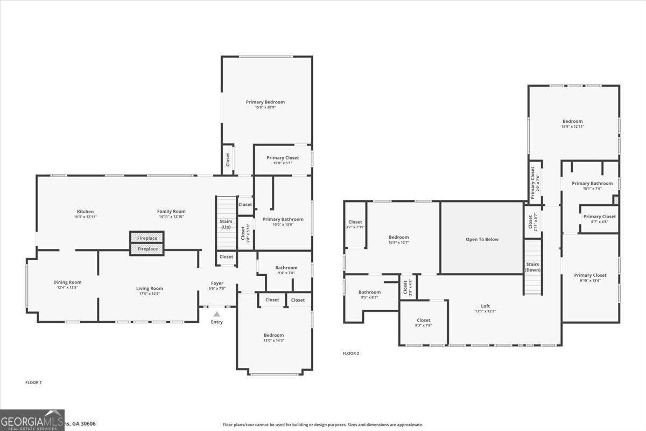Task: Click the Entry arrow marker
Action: click(x=216, y=314)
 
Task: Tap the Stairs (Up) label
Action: click(x=226, y=224)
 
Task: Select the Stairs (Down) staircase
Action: click(x=532, y=267)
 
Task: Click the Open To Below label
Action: click(x=482, y=239)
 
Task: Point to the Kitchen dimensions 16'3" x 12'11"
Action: click(x=85, y=217)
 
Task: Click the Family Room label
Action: click(x=171, y=212)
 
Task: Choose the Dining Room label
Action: click(x=67, y=282)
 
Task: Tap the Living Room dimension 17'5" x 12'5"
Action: click(x=149, y=294)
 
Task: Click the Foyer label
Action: click(x=217, y=283)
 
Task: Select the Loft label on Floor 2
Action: click(x=485, y=306)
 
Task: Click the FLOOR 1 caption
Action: click(x=33, y=383)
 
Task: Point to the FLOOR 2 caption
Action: click(x=351, y=353)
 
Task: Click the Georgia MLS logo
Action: click(x=32, y=420)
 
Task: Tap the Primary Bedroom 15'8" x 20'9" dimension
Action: click(x=265, y=107)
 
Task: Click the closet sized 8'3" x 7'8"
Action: click(x=424, y=322)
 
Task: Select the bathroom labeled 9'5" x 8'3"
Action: click(x=370, y=295)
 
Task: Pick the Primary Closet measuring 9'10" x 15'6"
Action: click(x=590, y=278)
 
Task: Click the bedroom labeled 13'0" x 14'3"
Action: click(x=273, y=338)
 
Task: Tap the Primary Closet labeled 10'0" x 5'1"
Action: click(x=283, y=161)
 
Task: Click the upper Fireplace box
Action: click(x=147, y=238)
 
